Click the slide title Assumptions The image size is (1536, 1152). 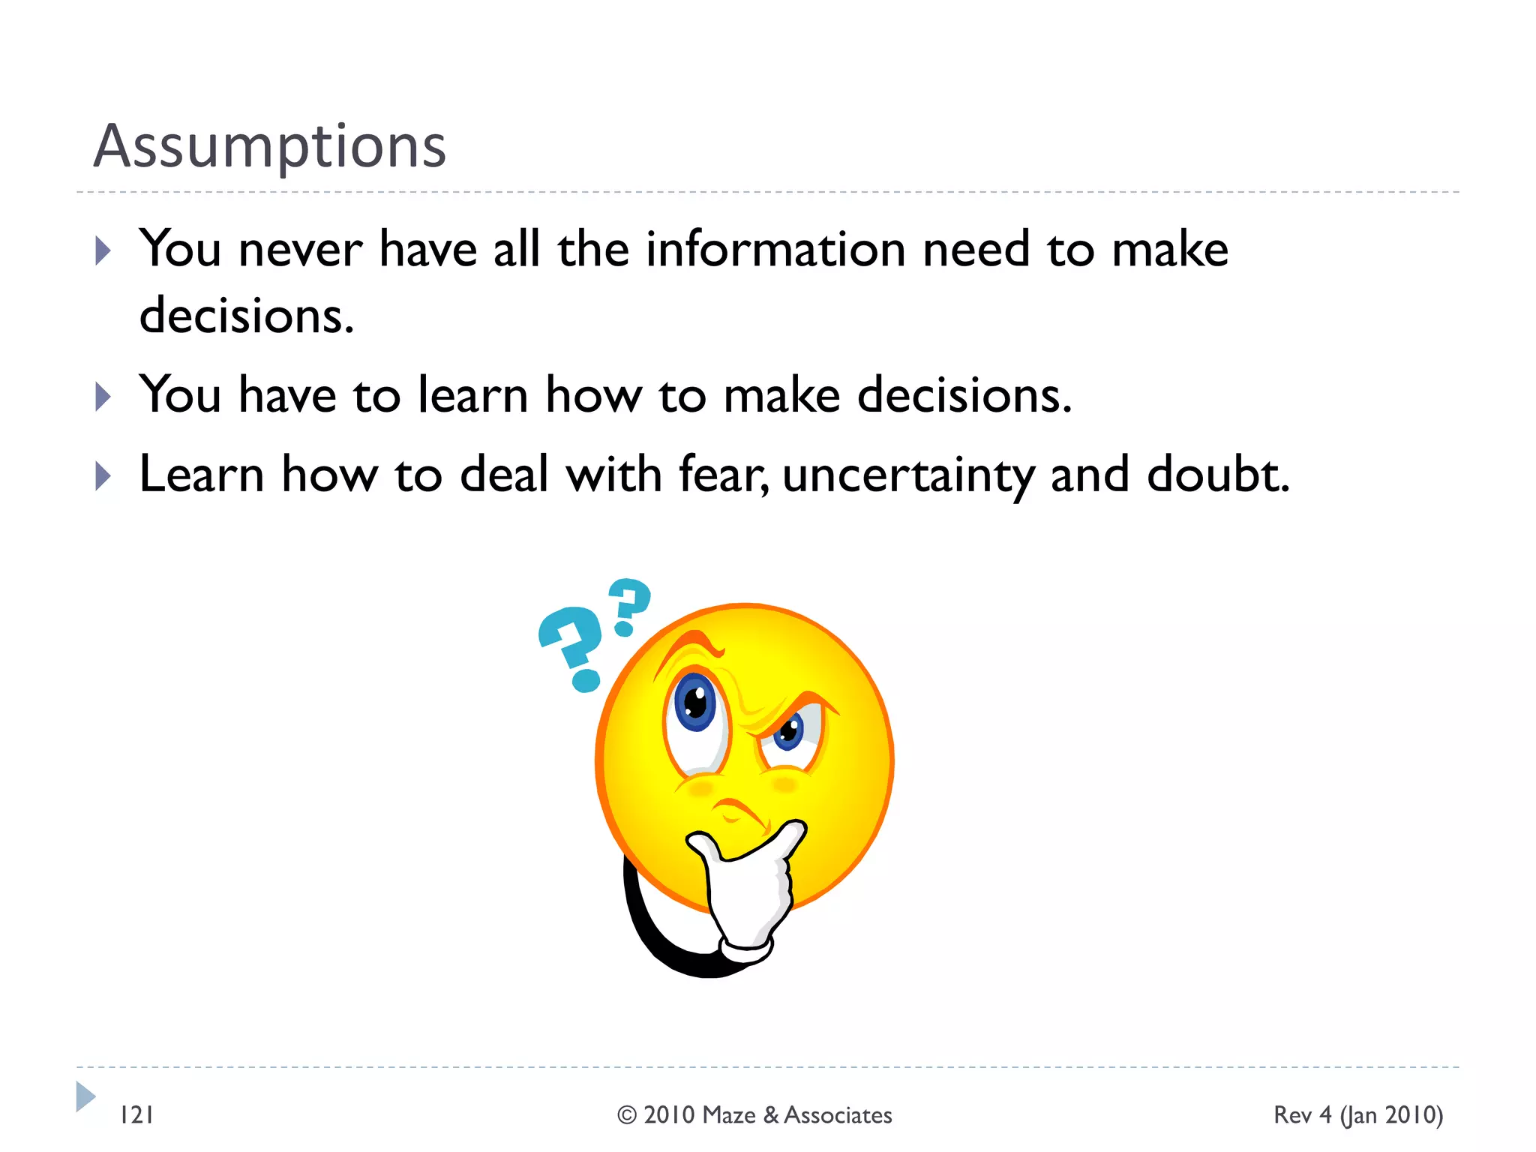click(270, 146)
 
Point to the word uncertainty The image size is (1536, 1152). click(907, 476)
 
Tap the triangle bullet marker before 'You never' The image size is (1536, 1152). click(103, 251)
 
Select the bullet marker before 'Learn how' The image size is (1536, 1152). click(103, 476)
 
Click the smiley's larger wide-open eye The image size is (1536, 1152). click(695, 703)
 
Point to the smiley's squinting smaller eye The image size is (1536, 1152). click(790, 732)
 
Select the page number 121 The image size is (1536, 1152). click(137, 1115)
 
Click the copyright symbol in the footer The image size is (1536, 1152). click(627, 1115)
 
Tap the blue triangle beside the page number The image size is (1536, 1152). click(85, 1096)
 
